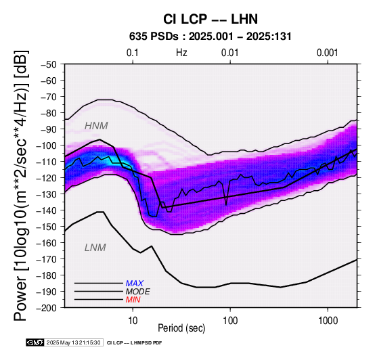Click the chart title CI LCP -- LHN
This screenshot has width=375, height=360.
[211, 19]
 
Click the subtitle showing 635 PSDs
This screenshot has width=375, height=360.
[211, 37]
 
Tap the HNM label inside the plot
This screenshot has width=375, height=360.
[96, 126]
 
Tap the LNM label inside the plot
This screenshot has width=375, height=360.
[95, 248]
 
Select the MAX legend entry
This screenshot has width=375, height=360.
[135, 284]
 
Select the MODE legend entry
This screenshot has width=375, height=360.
[138, 292]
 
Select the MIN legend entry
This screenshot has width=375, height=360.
[133, 300]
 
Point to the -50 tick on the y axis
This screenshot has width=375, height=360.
[49, 64]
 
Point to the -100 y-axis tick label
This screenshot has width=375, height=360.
[47, 145]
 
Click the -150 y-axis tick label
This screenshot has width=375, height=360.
[47, 227]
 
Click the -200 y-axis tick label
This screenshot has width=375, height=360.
[47, 308]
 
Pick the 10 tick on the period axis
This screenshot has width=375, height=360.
[133, 320]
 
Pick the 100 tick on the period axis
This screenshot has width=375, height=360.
[230, 320]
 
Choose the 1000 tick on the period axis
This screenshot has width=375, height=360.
[328, 320]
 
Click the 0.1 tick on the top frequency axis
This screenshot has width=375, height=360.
[133, 53]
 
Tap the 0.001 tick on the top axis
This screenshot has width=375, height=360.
[328, 53]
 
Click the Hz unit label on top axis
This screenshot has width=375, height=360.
[181, 53]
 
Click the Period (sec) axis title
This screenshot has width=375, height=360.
[181, 328]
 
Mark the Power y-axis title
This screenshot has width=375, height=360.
[20, 185]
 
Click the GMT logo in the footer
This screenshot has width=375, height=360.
[35, 342]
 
